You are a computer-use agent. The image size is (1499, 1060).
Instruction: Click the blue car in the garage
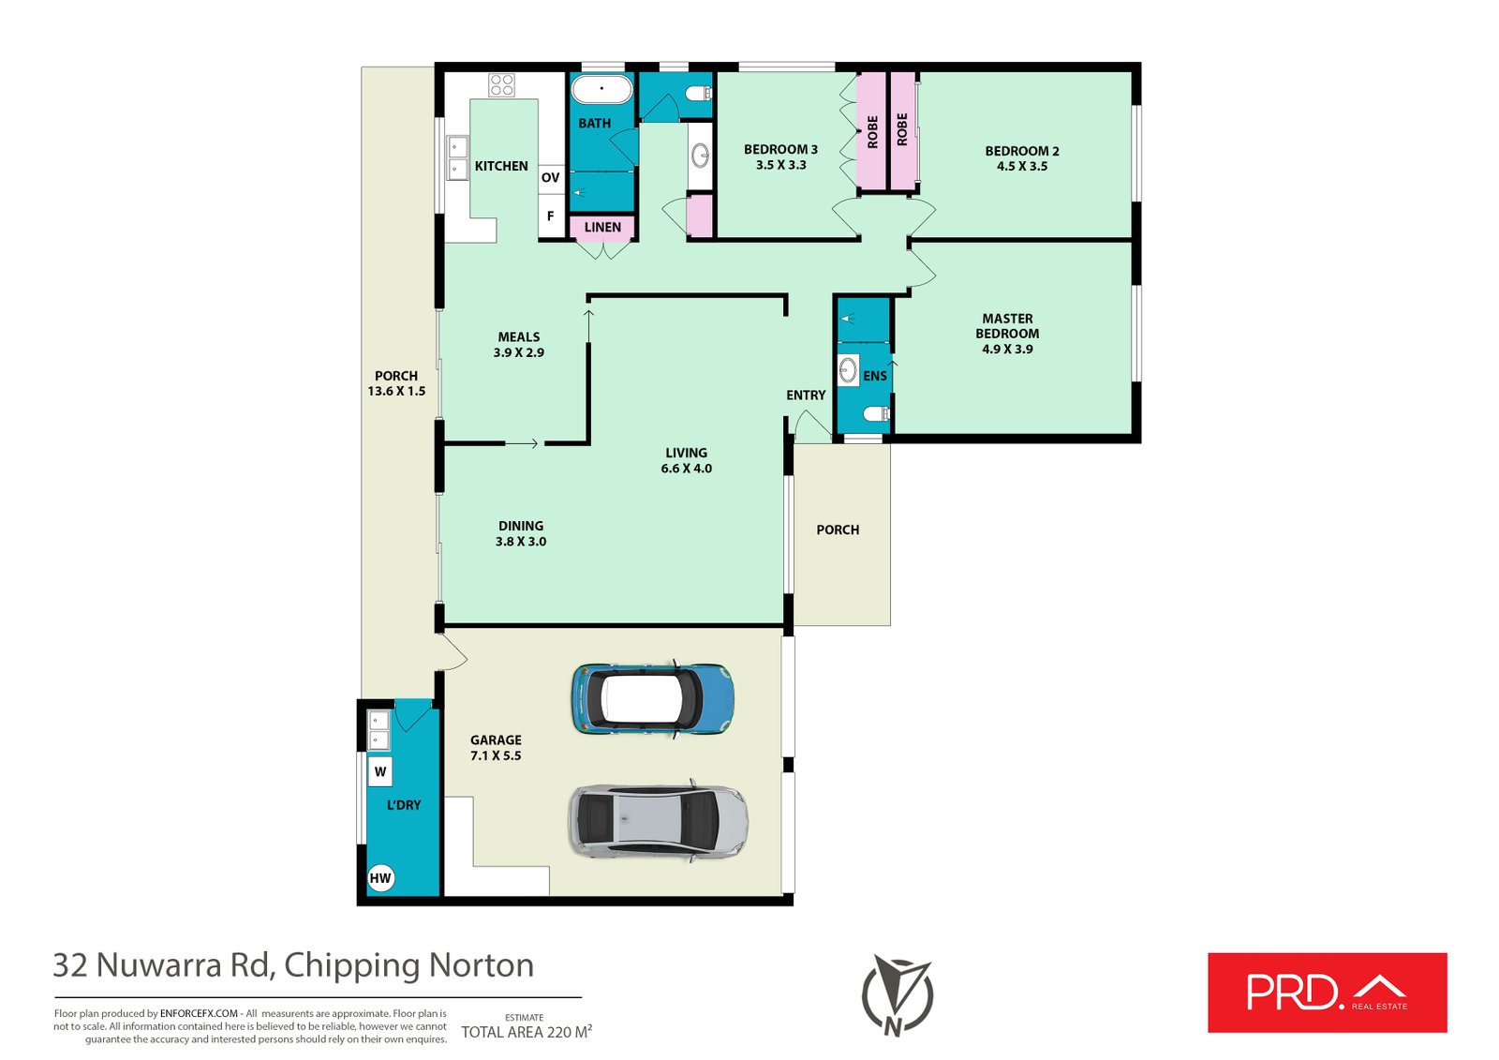pyautogui.click(x=653, y=700)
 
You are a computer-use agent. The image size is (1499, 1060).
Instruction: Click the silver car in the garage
pyautogui.click(x=659, y=820)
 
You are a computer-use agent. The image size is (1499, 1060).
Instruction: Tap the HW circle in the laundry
pyautogui.click(x=380, y=878)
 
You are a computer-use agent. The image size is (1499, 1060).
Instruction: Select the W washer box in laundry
pyautogui.click(x=380, y=771)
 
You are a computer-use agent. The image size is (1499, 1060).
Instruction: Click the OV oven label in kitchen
pyautogui.click(x=551, y=177)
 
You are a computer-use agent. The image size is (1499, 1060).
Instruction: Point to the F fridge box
pyautogui.click(x=552, y=216)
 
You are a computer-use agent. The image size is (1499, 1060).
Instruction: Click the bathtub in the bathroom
pyautogui.click(x=601, y=89)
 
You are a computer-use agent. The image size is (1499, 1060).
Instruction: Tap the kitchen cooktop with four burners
pyautogui.click(x=501, y=85)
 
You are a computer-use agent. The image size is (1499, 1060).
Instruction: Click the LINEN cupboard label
pyautogui.click(x=602, y=227)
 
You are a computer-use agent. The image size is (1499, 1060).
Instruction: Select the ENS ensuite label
pyautogui.click(x=875, y=377)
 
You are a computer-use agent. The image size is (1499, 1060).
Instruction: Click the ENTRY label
pyautogui.click(x=806, y=396)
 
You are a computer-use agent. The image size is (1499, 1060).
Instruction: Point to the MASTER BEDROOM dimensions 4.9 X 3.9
pyautogui.click(x=1007, y=349)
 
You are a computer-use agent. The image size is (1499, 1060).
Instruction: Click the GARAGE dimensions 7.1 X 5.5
pyautogui.click(x=496, y=756)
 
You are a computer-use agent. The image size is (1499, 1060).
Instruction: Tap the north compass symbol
pyautogui.click(x=898, y=995)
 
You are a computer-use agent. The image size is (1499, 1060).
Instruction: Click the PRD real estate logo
pyautogui.click(x=1327, y=993)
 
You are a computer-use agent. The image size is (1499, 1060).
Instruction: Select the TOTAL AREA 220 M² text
pyautogui.click(x=527, y=1032)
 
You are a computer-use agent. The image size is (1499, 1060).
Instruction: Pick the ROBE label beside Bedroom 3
pyautogui.click(x=872, y=132)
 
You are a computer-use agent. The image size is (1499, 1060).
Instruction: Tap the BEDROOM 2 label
pyautogui.click(x=1022, y=151)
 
